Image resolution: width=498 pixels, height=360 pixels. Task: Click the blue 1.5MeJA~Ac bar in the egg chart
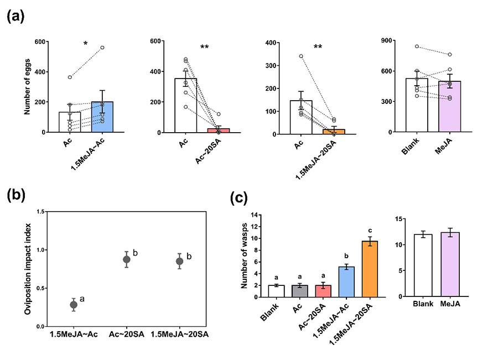(x=102, y=117)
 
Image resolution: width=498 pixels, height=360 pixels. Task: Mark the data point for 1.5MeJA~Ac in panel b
(x=74, y=304)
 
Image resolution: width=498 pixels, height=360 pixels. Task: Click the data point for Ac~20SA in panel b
(x=127, y=259)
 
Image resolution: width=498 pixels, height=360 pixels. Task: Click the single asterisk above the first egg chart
(x=85, y=44)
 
